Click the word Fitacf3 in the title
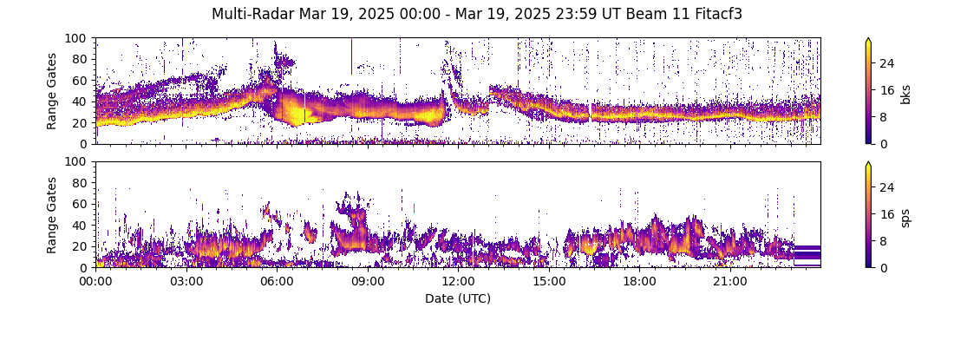715,14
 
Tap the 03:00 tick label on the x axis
186,282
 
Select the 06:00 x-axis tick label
277,282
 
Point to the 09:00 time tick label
367,282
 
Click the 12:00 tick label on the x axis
458,282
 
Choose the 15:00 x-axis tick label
548,282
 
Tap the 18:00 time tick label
639,282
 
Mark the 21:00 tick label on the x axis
729,282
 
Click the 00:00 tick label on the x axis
95,282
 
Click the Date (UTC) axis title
458,299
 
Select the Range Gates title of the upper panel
52,91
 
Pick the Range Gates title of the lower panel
52,214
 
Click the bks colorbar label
905,94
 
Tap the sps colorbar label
905,218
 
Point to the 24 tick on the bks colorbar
887,63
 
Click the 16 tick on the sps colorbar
887,214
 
